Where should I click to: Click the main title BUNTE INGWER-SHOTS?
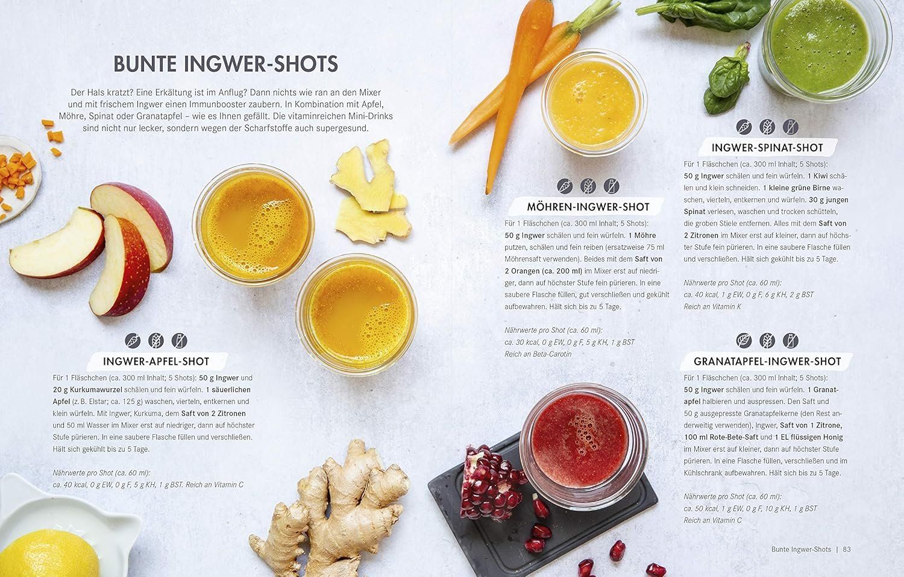[x=225, y=64]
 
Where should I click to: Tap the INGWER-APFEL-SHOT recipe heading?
[x=156, y=361]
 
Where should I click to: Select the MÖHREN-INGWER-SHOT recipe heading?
[x=588, y=207]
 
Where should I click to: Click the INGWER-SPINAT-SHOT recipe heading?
[x=767, y=148]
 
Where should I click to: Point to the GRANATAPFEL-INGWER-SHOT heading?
[x=767, y=361]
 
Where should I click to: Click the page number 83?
[x=847, y=549]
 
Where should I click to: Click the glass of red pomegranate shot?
[x=583, y=446]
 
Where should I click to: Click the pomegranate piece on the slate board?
[x=491, y=482]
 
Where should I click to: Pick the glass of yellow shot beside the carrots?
[x=594, y=102]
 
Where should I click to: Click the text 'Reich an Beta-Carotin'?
[x=538, y=354]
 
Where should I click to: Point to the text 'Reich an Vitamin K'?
[x=712, y=307]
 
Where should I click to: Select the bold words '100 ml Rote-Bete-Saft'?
[x=721, y=437]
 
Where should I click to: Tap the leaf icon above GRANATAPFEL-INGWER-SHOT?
[x=744, y=341]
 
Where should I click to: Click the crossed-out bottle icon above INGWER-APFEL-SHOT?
[x=179, y=341]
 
